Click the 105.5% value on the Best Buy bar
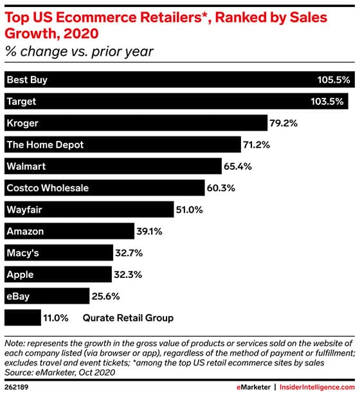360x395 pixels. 333,80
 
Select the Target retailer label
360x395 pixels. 21,102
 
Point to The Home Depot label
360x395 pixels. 45,145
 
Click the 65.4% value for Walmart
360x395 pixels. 238,167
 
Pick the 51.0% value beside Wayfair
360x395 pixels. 191,210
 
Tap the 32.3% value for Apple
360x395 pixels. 126,275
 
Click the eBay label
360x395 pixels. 18,296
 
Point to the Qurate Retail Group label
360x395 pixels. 128,318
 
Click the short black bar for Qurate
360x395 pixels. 22,318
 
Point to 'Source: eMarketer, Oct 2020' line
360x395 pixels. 64,371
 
